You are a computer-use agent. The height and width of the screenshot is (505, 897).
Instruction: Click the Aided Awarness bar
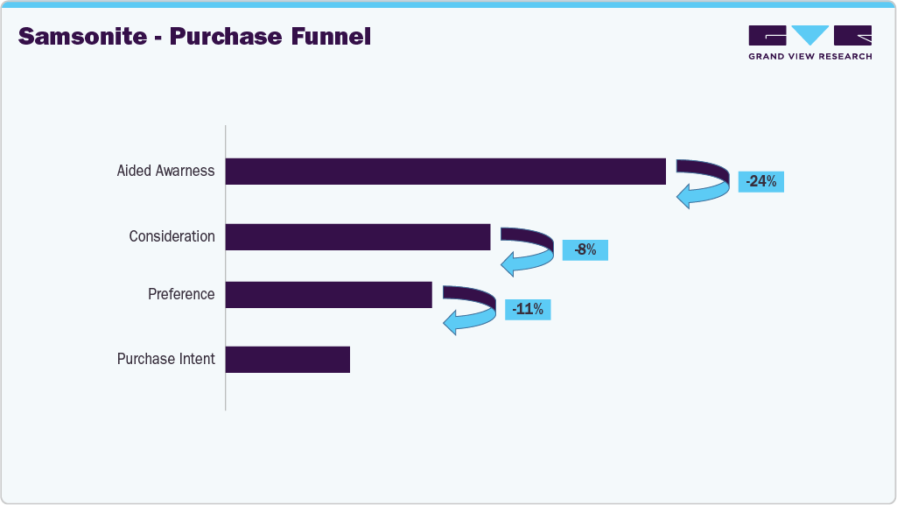(445, 172)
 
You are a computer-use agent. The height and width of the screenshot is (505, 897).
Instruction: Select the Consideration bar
(358, 237)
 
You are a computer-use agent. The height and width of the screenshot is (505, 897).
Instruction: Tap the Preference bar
(328, 295)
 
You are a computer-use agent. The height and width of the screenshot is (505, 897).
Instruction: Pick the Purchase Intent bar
(288, 360)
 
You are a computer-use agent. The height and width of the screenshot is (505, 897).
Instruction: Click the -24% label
(760, 182)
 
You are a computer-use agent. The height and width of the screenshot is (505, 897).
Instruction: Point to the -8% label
(585, 250)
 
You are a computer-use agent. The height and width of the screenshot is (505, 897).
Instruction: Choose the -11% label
(528, 309)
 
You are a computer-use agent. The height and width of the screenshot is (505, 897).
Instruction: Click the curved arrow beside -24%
(704, 184)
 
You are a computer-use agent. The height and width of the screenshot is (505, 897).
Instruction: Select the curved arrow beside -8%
(527, 250)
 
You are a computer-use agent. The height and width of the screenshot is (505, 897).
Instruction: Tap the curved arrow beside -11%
(470, 309)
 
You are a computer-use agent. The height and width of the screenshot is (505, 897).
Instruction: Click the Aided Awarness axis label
(165, 172)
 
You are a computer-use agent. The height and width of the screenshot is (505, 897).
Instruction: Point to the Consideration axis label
(172, 236)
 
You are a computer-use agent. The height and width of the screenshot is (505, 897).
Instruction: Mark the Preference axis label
(181, 294)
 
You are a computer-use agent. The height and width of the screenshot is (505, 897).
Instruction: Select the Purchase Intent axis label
(165, 359)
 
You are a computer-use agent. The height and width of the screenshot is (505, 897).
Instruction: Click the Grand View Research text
(809, 57)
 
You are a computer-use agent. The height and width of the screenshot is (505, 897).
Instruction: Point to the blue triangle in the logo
(809, 35)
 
